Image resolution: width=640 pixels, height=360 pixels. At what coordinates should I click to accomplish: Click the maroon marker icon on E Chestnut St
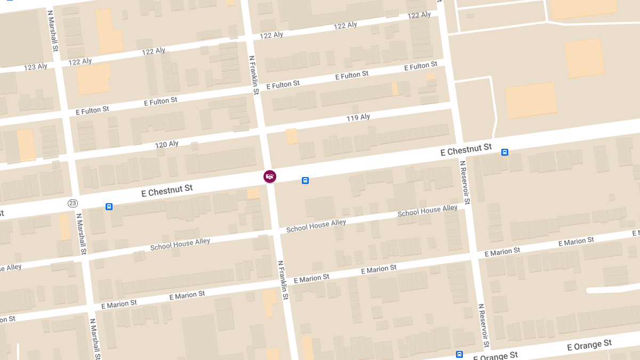[x=270, y=176]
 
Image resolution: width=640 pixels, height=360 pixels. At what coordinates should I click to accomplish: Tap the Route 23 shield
[x=73, y=203]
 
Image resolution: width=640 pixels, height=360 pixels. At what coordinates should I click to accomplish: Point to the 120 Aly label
[x=166, y=144]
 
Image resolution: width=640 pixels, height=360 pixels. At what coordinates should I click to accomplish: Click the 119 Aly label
[x=358, y=117]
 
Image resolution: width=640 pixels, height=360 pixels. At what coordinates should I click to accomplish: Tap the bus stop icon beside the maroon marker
[x=305, y=180]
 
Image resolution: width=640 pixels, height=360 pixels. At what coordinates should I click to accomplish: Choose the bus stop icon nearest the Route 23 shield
[x=109, y=206]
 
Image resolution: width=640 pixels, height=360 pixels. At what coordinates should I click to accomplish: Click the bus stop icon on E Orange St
[x=459, y=354]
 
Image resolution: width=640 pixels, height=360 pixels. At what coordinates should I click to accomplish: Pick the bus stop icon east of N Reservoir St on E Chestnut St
[x=505, y=152]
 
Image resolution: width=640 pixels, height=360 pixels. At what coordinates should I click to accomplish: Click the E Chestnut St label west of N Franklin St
[x=167, y=191]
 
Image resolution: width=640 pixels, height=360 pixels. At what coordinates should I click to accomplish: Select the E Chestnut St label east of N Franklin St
[x=466, y=150]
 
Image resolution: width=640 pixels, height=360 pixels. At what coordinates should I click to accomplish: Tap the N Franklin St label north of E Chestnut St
[x=254, y=75]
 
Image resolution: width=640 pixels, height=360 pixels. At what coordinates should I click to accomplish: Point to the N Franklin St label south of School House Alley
[x=283, y=279]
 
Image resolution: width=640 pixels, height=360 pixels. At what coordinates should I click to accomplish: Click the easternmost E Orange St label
[x=589, y=346]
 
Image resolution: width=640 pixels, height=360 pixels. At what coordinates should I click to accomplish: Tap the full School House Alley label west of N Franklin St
[x=180, y=244]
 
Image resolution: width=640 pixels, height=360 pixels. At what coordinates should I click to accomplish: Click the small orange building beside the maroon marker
[x=254, y=193]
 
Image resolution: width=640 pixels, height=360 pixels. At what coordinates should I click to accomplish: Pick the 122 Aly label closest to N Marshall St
[x=80, y=62]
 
